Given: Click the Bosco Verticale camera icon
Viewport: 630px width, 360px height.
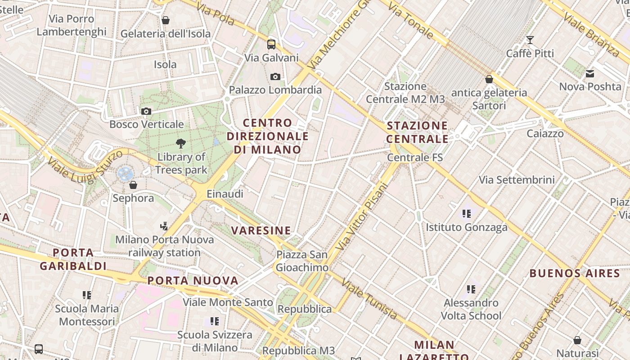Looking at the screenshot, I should tap(146, 111).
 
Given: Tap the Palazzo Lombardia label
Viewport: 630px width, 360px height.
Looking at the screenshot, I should tap(275, 90).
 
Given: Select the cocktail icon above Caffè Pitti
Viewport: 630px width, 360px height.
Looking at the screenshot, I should tap(530, 40).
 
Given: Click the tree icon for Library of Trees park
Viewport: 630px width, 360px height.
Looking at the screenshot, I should tap(181, 144).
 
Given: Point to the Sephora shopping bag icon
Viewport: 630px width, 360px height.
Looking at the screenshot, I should tap(133, 185).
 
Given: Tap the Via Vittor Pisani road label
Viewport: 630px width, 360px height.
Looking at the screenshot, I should tap(362, 216).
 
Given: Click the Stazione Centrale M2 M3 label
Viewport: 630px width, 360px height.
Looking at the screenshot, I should tap(405, 93).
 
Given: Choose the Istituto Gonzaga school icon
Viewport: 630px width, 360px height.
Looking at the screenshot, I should tap(467, 214).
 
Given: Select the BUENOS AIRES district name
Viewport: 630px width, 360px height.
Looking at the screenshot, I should tap(575, 273).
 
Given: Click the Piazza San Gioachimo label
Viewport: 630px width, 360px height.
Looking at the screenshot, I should tap(302, 261).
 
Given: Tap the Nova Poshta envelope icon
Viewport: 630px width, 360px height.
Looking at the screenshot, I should tap(590, 73).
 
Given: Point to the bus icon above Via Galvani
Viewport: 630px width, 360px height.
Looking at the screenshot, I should tap(271, 44).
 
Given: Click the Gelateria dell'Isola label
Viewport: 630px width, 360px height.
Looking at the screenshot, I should tap(166, 34).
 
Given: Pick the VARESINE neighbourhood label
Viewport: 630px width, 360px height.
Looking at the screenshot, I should tap(261, 230).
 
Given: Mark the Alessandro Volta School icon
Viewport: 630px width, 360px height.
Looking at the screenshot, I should tap(471, 289).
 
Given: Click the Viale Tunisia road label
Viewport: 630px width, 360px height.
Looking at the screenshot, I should tap(369, 299).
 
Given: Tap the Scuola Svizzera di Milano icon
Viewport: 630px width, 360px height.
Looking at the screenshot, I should tap(215, 321).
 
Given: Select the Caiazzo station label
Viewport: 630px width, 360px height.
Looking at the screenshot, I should tap(545, 134).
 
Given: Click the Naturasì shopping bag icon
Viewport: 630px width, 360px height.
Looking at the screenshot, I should tap(577, 340).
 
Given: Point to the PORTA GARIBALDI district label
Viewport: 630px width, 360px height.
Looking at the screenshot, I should tap(73, 259).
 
